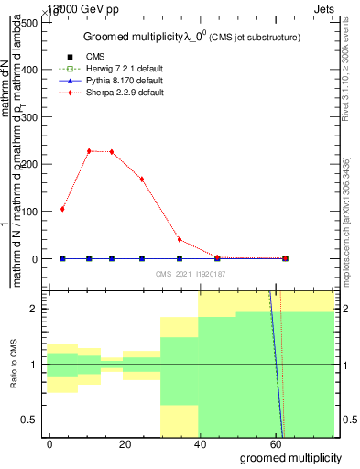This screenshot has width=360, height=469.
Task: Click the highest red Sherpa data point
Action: click(x=89, y=151)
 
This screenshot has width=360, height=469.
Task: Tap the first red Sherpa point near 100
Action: click(x=62, y=209)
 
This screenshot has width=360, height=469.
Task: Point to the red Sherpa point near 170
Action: click(x=142, y=179)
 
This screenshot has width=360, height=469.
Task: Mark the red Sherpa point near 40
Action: click(x=180, y=240)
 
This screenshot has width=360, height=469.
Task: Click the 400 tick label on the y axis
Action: click(x=29, y=70)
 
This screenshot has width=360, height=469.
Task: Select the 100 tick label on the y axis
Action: click(x=29, y=212)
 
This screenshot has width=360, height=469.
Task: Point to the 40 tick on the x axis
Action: click(x=199, y=442)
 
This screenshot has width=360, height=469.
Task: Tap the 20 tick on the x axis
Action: click(x=125, y=442)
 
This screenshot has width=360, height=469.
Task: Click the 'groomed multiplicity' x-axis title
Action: click(x=289, y=457)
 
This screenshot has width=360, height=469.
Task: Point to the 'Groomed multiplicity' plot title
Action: click(x=137, y=37)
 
